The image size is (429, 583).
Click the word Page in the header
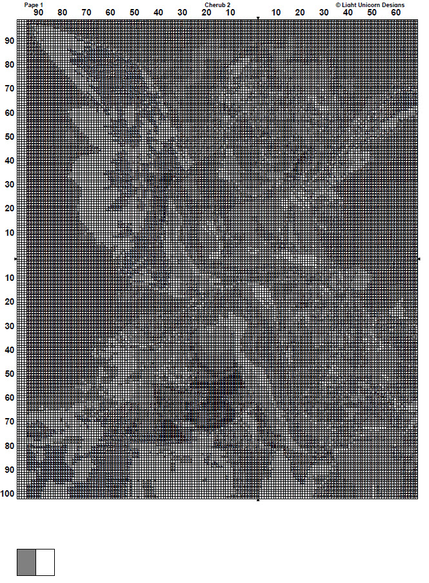(x=30, y=5)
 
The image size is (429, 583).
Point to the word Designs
(x=393, y=5)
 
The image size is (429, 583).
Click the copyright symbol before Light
(x=338, y=5)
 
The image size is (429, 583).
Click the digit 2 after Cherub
(x=228, y=5)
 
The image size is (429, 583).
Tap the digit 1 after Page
(x=41, y=5)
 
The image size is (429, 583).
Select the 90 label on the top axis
(x=39, y=12)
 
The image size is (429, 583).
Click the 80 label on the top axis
(x=62, y=12)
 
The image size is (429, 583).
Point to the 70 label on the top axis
(x=86, y=12)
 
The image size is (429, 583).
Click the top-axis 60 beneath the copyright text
(x=395, y=12)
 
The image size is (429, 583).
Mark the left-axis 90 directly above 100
(x=10, y=470)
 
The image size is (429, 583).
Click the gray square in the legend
(x=26, y=562)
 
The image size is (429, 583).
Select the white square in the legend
(x=45, y=562)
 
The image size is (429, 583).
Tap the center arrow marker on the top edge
(x=258, y=19)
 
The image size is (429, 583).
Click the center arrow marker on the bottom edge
(x=258, y=500)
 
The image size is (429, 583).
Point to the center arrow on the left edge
(x=16, y=259)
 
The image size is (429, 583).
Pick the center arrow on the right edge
(x=419, y=259)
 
